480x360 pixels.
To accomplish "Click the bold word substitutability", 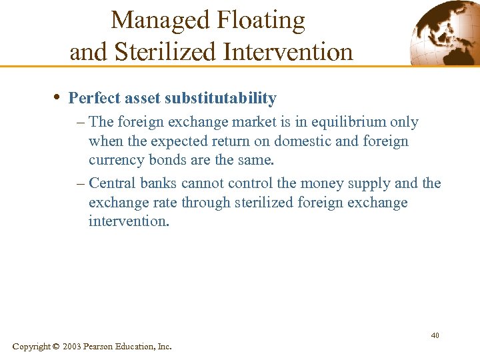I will tap(221, 99).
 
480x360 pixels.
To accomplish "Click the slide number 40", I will tap(435, 335).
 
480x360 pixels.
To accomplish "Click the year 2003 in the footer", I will tap(72, 347).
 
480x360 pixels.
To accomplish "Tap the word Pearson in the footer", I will tap(99, 347).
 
